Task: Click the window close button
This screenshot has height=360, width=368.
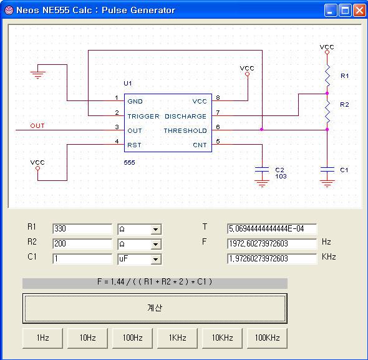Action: coord(359,11)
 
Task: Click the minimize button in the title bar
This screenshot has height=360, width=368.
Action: coord(331,11)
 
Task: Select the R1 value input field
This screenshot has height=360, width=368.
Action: coord(82,229)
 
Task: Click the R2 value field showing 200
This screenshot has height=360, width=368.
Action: coord(82,244)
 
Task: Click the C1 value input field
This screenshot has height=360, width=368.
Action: coord(82,259)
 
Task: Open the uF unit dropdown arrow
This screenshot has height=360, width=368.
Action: coord(155,260)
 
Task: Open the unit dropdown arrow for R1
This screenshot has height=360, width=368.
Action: coord(155,229)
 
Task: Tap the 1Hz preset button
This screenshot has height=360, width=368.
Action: coord(42,338)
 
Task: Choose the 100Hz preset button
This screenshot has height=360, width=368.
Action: coord(132,338)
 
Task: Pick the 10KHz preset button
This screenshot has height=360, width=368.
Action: coord(222,338)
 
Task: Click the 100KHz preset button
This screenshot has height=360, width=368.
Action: coord(267,338)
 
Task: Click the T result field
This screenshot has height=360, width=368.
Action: coord(272,229)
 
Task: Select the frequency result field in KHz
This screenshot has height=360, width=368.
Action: coord(272,259)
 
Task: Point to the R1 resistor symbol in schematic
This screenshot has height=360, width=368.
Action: coord(327,75)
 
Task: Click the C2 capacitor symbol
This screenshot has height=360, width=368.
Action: coord(262,170)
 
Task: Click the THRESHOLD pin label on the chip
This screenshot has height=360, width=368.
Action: coord(185,131)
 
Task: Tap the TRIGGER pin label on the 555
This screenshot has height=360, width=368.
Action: coord(143,116)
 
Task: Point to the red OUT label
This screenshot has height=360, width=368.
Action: coord(37,126)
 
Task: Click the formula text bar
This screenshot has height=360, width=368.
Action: coord(155,282)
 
